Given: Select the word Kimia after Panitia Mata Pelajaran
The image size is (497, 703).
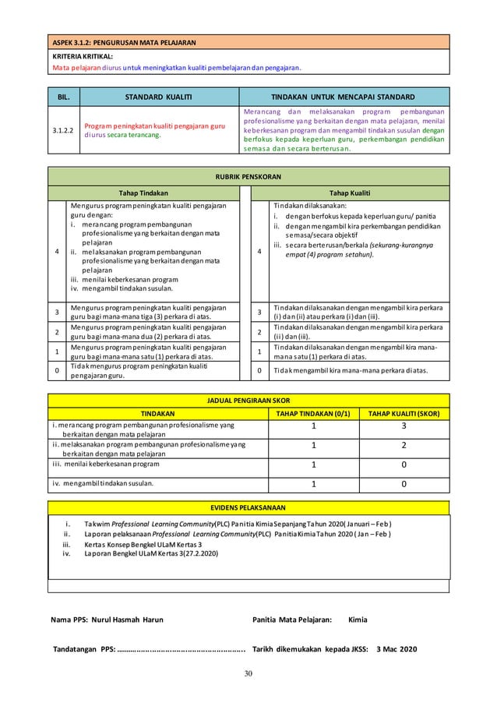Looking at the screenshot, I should (x=358, y=620).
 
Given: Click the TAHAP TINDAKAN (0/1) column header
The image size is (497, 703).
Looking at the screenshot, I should (x=313, y=413).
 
